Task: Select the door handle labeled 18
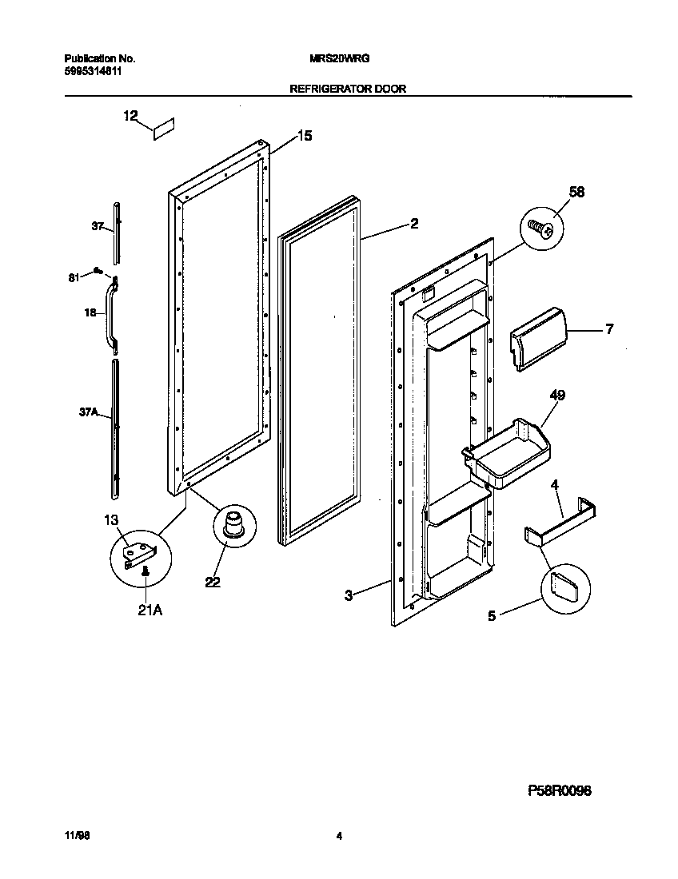pyautogui.click(x=110, y=314)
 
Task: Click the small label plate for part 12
pyautogui.click(x=164, y=129)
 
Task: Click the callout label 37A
pyautogui.click(x=88, y=412)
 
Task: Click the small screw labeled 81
pyautogui.click(x=96, y=269)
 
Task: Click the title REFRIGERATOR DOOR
pyautogui.click(x=347, y=89)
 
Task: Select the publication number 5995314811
pyautogui.click(x=93, y=71)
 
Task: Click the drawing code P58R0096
pyautogui.click(x=559, y=790)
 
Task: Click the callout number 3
pyautogui.click(x=349, y=595)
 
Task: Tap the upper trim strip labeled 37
pyautogui.click(x=118, y=232)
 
